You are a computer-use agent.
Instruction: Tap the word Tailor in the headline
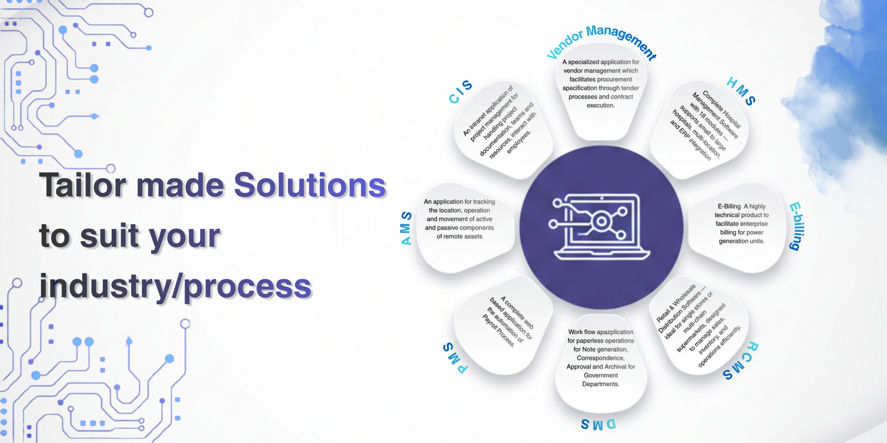(x=83, y=185)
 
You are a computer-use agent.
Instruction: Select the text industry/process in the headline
(x=176, y=286)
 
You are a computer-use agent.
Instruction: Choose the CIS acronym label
(x=460, y=91)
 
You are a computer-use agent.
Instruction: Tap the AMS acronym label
(x=406, y=228)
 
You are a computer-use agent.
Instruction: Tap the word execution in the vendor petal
(x=600, y=105)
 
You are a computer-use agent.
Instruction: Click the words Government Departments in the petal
(x=600, y=380)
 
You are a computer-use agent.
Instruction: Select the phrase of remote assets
(x=459, y=236)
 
